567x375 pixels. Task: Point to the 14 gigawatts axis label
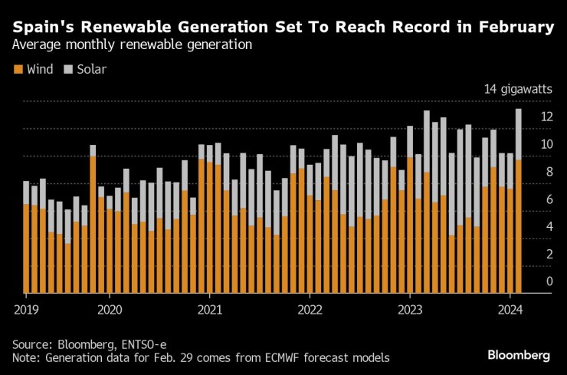click(517, 90)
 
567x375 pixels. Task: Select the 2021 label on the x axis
click(209, 309)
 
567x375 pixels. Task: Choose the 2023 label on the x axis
click(410, 309)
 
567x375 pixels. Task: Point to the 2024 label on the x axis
click(510, 309)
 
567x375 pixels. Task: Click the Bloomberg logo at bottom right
click(519, 355)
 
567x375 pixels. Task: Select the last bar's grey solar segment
click(519, 134)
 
